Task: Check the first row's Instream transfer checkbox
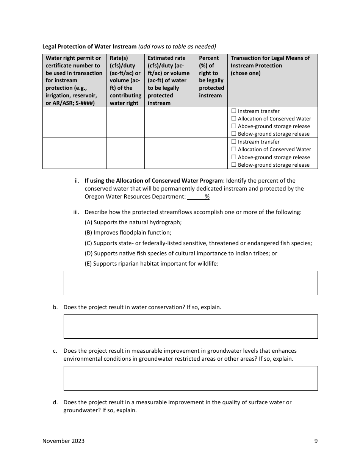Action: (x=234, y=111)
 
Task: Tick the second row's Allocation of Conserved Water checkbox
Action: (x=234, y=149)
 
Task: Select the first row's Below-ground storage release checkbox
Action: (x=234, y=134)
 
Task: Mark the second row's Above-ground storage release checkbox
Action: (x=234, y=157)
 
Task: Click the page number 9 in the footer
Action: (x=316, y=441)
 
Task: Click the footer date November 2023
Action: (x=63, y=441)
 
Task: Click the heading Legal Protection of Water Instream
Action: (x=89, y=47)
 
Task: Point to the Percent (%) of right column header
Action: (x=211, y=77)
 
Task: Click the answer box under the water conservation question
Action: (x=191, y=326)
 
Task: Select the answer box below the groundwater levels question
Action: (x=191, y=378)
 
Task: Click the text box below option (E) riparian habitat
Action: (x=191, y=283)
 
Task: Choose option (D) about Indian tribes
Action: (x=181, y=253)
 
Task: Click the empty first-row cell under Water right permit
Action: (x=74, y=122)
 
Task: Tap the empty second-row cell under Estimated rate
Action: (x=170, y=153)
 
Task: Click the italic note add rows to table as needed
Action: (x=177, y=47)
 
